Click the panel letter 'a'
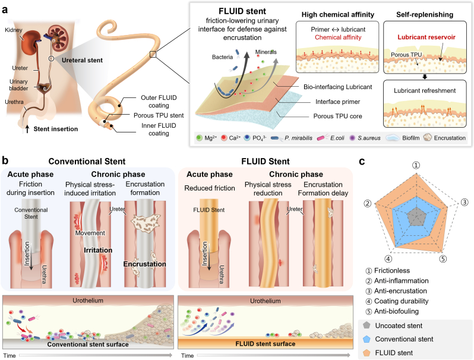pos(5,10)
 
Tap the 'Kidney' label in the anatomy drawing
pos(14,30)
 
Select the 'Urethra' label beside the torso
pos(14,102)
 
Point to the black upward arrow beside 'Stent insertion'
pos(27,129)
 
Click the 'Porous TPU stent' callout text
pos(159,115)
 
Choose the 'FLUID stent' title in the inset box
pos(242,11)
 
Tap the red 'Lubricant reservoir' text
pos(426,37)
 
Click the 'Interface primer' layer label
pos(337,102)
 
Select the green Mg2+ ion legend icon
pos(199,138)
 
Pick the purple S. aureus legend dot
pos(352,138)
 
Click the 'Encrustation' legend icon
pos(428,138)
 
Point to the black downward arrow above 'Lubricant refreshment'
pos(425,77)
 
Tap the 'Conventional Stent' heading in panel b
pos(87,162)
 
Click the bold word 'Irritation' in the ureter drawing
pos(98,250)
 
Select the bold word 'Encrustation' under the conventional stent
pos(144,264)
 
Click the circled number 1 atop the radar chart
pos(416,165)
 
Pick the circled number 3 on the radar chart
pos(464,202)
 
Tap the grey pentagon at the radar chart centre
pos(416,217)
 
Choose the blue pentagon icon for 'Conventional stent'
pos(366,339)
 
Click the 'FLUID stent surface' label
pos(266,344)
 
